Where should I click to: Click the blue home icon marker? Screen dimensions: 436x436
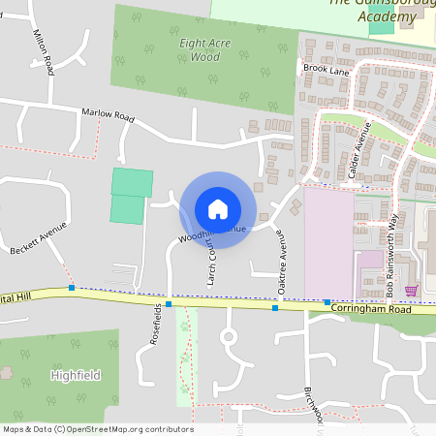218,208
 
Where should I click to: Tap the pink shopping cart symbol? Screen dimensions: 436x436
410,290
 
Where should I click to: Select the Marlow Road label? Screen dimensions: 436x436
107,114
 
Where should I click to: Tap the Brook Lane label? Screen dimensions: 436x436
325,70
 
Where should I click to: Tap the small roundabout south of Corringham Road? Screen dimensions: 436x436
229,337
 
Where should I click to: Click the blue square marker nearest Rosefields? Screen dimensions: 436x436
169,304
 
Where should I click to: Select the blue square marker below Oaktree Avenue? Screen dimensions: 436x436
275,308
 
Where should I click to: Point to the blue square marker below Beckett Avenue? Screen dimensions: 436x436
72,288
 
